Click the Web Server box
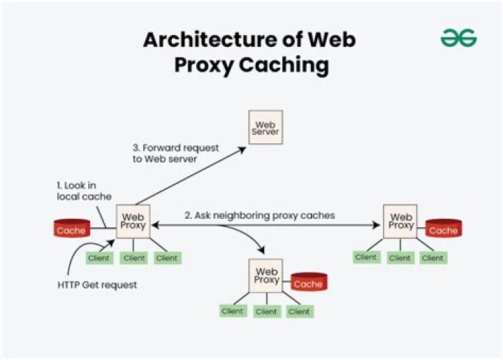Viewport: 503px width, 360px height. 266,128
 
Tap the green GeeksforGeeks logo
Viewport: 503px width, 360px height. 458,39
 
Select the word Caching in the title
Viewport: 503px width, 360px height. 284,64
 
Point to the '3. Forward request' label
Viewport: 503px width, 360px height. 175,148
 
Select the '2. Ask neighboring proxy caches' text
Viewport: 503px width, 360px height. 259,216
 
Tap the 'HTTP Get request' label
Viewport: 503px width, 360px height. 96,285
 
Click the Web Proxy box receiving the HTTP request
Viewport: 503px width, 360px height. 133,222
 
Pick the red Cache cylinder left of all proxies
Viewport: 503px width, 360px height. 71,230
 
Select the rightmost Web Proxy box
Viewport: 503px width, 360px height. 400,222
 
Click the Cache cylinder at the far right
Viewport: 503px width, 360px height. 443,229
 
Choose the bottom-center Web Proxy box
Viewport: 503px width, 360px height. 266,275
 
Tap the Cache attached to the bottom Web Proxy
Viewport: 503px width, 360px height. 308,283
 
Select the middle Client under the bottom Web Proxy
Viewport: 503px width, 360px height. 266,311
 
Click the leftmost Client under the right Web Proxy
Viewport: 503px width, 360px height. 366,257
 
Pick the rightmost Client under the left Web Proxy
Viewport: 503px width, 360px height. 167,258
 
